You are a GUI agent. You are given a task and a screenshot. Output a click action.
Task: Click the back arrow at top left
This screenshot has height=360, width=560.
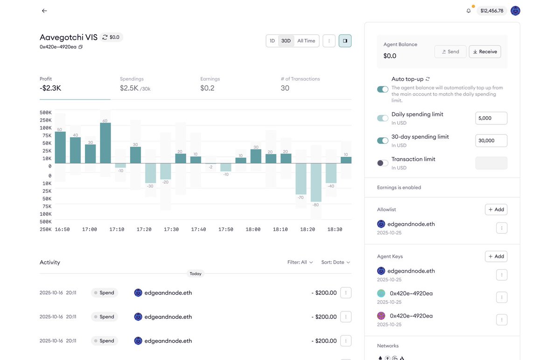(44, 11)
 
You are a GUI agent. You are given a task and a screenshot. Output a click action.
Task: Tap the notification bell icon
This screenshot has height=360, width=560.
(469, 11)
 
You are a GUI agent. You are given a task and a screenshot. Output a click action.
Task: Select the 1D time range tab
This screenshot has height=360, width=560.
(272, 41)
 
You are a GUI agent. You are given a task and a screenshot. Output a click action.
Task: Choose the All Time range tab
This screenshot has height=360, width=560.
(306, 41)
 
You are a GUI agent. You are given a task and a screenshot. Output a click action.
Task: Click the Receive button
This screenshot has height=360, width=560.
(485, 52)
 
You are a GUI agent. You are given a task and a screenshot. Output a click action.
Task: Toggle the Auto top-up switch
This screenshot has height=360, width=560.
(383, 89)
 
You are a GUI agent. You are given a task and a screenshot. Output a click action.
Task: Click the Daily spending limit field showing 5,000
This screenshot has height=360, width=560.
(491, 118)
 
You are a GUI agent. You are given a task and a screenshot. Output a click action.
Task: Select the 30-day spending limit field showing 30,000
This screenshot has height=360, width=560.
(491, 141)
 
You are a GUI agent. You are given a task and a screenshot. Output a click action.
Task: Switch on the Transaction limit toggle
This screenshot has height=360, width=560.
(383, 163)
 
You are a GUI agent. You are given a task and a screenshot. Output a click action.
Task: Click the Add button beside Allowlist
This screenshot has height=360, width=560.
(496, 210)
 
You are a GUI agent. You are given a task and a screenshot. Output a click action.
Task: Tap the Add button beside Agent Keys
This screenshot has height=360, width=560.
(496, 256)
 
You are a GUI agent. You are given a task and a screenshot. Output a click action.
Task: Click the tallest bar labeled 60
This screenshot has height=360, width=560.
(105, 143)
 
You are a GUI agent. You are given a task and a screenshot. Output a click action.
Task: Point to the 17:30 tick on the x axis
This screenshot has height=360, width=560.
(171, 230)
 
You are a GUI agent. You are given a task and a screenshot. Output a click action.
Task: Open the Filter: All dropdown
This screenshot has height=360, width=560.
(300, 262)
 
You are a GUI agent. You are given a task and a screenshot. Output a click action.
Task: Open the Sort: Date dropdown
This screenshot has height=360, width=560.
(336, 262)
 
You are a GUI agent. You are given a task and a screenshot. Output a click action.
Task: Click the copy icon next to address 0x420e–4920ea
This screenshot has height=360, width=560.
(81, 47)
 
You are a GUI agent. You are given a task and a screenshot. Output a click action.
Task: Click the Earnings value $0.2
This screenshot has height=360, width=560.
(207, 88)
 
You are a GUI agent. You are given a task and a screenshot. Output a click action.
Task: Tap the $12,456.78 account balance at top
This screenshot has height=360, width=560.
(492, 11)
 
